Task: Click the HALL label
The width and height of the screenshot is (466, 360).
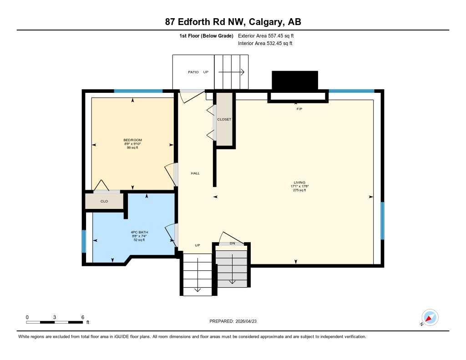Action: (195, 173)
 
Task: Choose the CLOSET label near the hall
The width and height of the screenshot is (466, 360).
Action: (224, 119)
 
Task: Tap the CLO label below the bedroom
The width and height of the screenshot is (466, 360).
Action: (104, 201)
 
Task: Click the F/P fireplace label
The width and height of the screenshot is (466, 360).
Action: (299, 109)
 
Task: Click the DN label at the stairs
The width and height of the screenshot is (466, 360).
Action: (232, 243)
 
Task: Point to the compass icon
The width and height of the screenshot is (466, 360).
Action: (430, 317)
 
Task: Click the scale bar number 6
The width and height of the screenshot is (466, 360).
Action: (82, 317)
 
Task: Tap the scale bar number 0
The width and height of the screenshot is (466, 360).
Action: (27, 317)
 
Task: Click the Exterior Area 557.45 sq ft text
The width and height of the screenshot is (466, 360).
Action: (269, 35)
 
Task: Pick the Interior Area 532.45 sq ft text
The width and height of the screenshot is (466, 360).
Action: (265, 44)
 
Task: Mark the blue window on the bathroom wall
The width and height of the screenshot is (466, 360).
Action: (84, 241)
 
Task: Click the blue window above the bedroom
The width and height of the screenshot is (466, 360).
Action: (138, 91)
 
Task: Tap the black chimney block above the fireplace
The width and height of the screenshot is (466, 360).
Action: (294, 80)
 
